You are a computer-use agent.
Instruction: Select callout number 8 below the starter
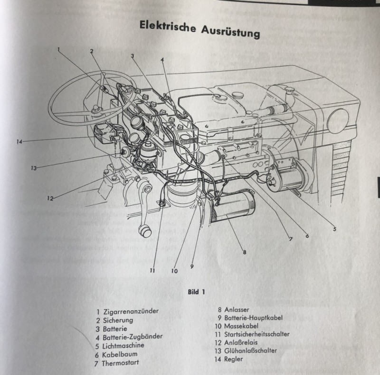coord(244,252)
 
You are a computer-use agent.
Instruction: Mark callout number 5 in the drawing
coord(334,229)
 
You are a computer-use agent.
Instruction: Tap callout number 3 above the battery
coord(133,55)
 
